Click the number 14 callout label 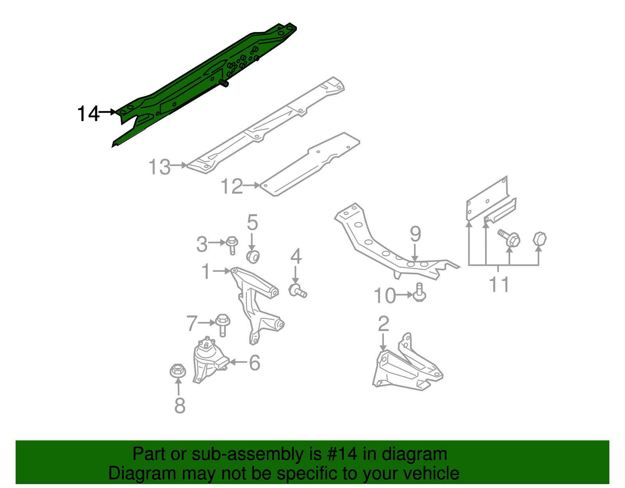[88, 114]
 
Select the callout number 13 [159, 167]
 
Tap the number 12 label [232, 186]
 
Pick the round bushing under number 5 [253, 257]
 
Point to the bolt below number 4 [298, 291]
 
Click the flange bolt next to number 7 [223, 325]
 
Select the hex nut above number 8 [178, 370]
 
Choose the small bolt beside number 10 [419, 293]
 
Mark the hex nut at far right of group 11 [539, 239]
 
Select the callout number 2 [384, 324]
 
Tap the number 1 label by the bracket [206, 271]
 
